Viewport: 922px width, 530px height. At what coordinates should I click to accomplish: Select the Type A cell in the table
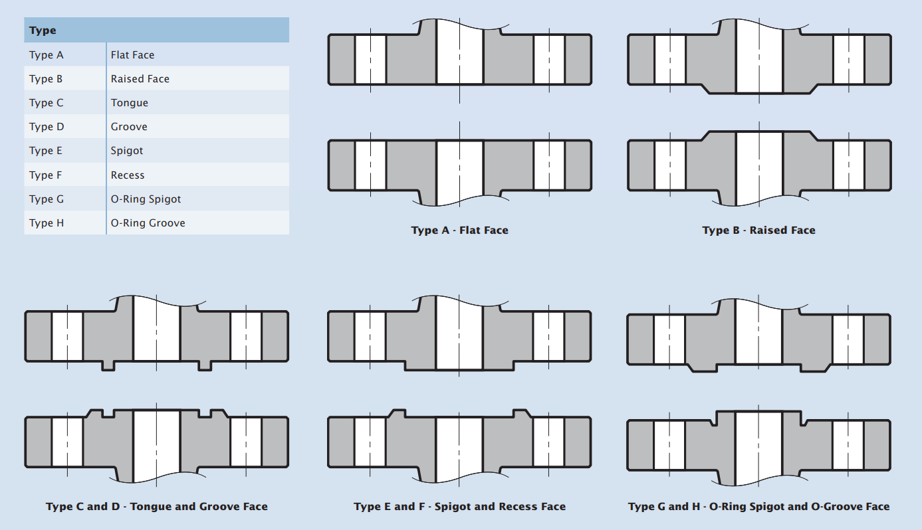47,55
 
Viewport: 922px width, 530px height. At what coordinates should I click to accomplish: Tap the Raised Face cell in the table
140,79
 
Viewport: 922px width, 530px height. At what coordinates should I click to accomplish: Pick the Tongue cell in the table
130,103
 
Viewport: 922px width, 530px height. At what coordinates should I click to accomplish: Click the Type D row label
47,127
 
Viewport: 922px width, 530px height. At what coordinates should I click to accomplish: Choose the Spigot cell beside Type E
127,151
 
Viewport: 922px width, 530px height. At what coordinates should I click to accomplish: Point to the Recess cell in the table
128,175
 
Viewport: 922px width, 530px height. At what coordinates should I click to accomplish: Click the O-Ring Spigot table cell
146,199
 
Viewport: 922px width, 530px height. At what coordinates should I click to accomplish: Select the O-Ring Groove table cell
148,223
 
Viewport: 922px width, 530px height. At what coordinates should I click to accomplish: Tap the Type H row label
47,223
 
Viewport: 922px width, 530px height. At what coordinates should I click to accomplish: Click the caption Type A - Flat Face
459,230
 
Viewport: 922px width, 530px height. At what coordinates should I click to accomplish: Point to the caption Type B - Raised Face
758,230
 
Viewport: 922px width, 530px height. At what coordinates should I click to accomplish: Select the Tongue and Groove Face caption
157,507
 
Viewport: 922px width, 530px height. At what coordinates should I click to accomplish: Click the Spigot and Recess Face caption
459,507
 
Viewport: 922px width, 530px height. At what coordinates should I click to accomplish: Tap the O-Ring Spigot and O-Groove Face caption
758,507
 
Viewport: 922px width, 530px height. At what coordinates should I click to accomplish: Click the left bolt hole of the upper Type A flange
370,59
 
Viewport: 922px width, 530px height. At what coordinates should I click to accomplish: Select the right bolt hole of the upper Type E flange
548,337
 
